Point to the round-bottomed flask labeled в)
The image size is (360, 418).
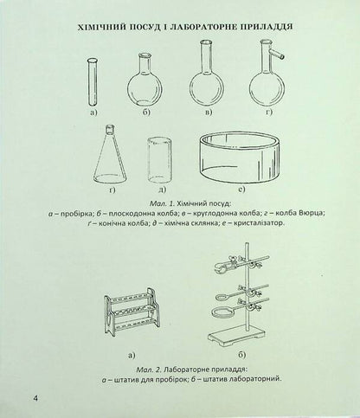click(x=205, y=85)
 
